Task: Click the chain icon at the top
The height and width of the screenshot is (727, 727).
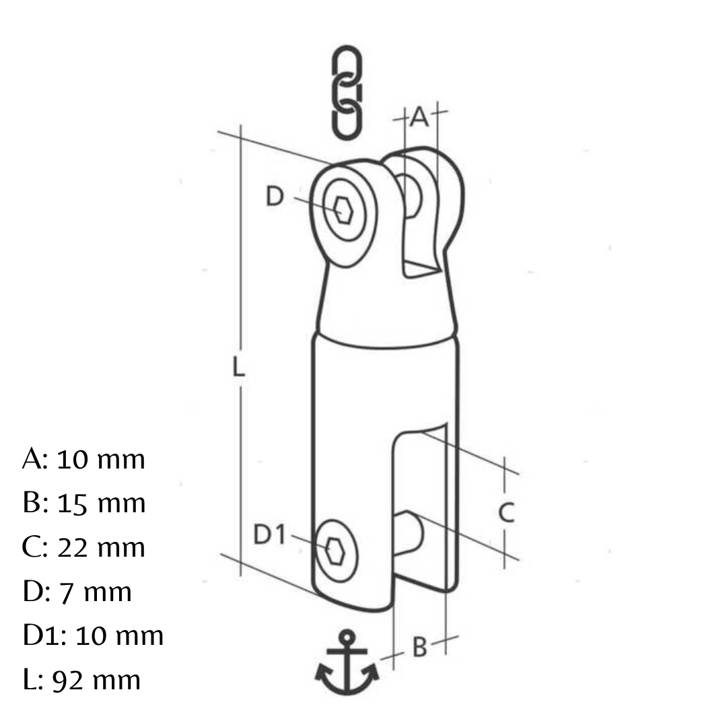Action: [347, 93]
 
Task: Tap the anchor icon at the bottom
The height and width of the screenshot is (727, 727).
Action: [347, 662]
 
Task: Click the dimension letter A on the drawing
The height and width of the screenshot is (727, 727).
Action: [419, 117]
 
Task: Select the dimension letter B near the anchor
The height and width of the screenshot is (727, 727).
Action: [419, 648]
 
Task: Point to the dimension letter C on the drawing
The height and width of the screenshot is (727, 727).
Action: [506, 512]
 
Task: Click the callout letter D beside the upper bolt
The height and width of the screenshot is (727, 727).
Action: [275, 196]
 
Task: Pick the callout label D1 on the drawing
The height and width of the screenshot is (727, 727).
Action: [269, 534]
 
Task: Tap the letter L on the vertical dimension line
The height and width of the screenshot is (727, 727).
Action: [238, 366]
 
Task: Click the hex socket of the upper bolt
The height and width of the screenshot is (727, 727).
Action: [343, 210]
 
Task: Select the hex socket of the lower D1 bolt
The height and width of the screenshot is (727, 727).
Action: [335, 551]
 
